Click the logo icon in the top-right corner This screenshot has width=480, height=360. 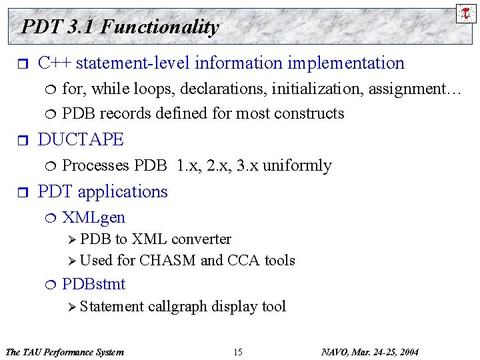pyautogui.click(x=466, y=12)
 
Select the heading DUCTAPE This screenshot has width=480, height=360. pyautogui.click(x=81, y=139)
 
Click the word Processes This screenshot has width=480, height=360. pyautogui.click(x=95, y=165)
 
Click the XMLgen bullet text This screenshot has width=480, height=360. pyautogui.click(x=93, y=217)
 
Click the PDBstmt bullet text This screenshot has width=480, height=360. pyautogui.click(x=93, y=284)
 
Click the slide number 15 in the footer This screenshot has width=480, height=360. pyautogui.click(x=238, y=351)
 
